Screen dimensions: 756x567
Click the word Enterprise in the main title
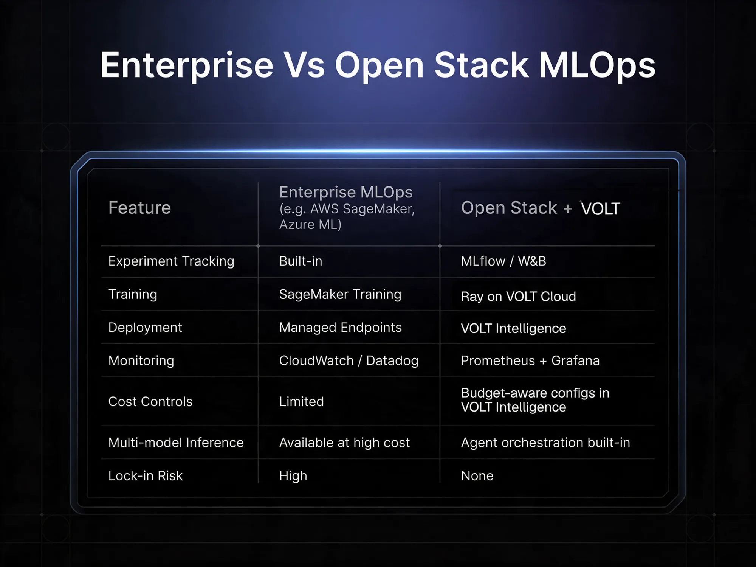pos(186,65)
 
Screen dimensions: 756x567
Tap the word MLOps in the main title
pos(597,65)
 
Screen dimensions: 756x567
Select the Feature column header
pos(139,208)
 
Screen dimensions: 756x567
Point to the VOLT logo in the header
pos(600,208)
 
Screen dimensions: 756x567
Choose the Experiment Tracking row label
pos(171,261)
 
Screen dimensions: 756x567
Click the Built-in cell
pos(301,261)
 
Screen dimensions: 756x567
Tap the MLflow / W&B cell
pos(503,261)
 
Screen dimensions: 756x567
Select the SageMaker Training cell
pos(340,294)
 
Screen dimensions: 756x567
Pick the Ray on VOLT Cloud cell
pos(519,297)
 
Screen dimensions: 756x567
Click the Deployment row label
pos(145,328)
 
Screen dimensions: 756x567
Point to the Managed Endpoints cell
pos(341,328)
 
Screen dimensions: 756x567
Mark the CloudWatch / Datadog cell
pos(349,361)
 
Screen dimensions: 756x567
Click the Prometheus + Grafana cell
pos(530,360)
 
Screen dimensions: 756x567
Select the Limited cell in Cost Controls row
pos(302,401)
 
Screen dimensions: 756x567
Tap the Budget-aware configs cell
pos(535,400)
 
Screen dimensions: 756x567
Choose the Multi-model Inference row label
pos(176,443)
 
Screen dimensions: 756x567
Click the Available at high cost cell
pos(344,443)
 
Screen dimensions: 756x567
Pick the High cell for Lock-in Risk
pos(293,476)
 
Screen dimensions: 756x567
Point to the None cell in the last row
pos(477,476)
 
